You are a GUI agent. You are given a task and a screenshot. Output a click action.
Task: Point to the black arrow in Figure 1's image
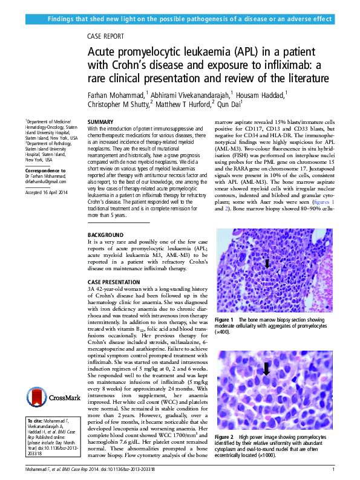click(x=267, y=262)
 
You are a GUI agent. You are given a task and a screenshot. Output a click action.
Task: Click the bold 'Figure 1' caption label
click(x=224, y=319)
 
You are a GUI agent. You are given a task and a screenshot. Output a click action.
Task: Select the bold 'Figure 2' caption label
click(x=224, y=436)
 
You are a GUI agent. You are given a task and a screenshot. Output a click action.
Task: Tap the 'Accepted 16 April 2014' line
click(x=48, y=192)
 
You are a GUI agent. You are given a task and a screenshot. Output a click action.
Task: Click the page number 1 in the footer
click(x=333, y=469)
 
